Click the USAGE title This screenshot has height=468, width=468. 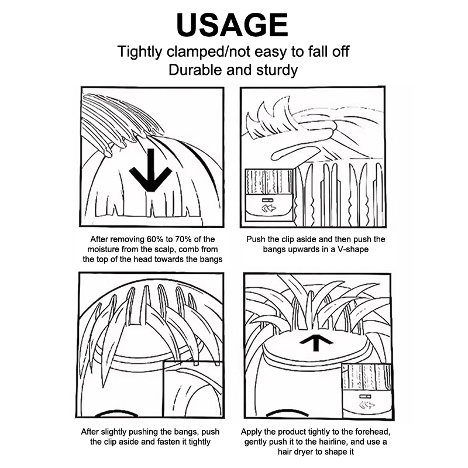pyautogui.click(x=232, y=25)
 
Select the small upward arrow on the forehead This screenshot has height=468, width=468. pyautogui.click(x=316, y=344)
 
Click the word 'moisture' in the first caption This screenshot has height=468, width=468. pyautogui.click(x=104, y=249)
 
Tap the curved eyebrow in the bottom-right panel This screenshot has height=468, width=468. pyautogui.click(x=287, y=414)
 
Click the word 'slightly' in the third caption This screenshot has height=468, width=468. pyautogui.click(x=114, y=432)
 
